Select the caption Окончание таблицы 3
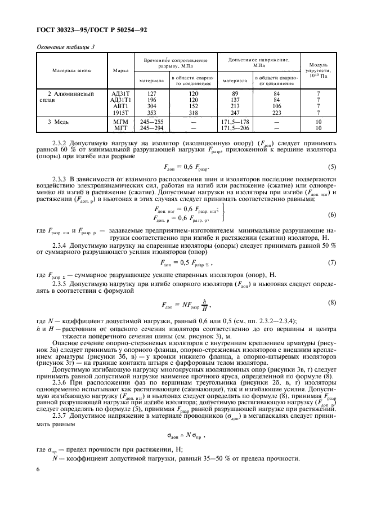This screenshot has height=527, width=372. coord(65,47)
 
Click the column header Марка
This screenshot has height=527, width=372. coord(120,71)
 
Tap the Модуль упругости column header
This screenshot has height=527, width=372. coord(319,71)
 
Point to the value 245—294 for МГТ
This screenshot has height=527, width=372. coord(151,127)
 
